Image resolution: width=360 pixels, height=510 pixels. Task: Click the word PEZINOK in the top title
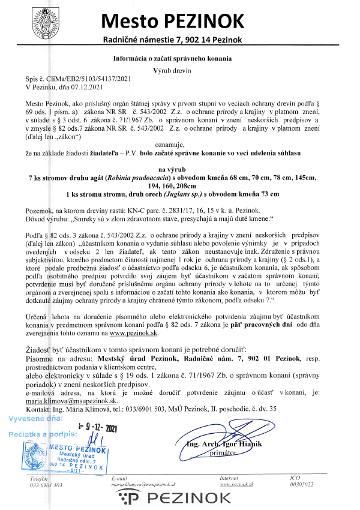(x=206, y=22)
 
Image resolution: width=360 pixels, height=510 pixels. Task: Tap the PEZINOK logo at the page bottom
(x=180, y=498)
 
